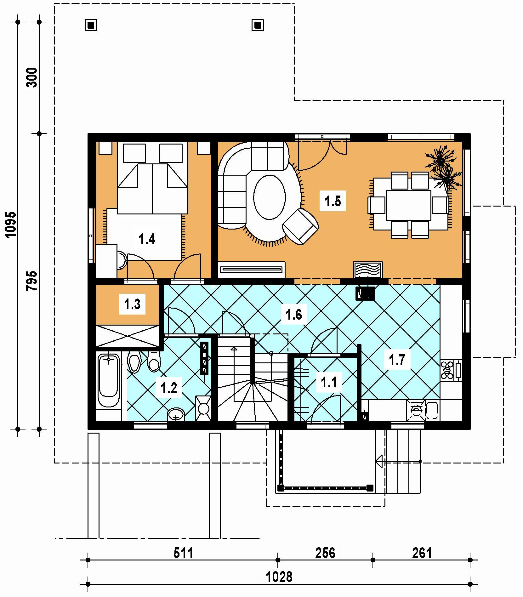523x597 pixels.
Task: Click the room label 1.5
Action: (333, 201)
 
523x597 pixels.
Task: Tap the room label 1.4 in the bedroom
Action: (147, 239)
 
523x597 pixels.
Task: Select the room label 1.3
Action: (132, 304)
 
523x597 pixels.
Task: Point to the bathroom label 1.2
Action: (169, 388)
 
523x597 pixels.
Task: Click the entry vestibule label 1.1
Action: (329, 382)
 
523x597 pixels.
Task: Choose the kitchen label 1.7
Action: (397, 360)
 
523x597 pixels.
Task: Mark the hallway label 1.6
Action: (293, 314)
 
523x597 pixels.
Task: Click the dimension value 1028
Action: (279, 577)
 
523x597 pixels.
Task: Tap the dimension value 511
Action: (183, 553)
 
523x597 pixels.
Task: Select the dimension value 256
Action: (325, 553)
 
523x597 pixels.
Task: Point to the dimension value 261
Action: (422, 553)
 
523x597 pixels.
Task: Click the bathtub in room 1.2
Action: (109, 381)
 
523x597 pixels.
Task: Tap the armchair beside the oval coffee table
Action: (301, 226)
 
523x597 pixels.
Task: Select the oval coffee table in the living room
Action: (270, 197)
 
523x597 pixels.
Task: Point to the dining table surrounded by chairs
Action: (408, 205)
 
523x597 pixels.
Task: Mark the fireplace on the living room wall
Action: (368, 270)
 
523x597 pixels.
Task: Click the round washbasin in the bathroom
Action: (176, 414)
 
